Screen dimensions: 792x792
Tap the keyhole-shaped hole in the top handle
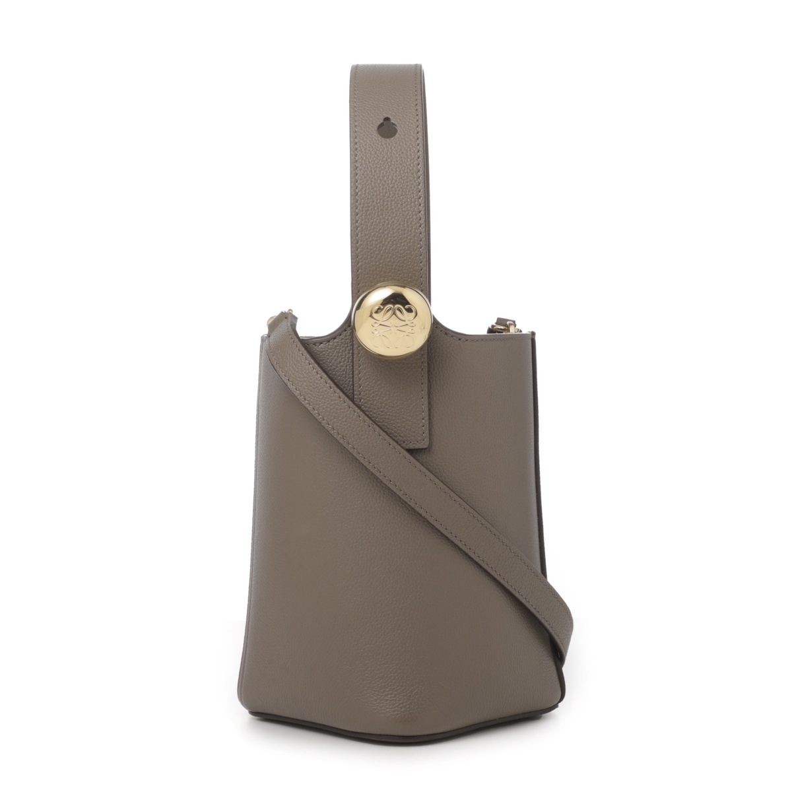(x=385, y=125)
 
